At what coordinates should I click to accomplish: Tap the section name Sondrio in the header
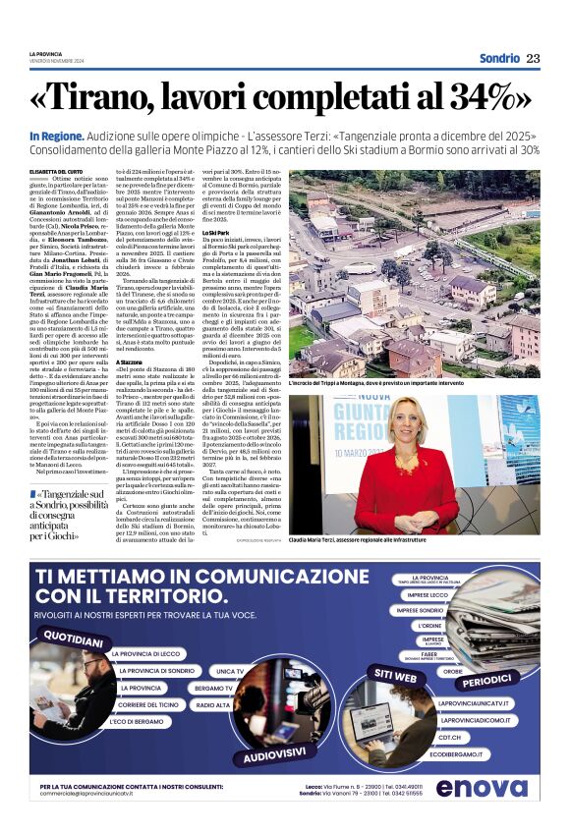coord(499,58)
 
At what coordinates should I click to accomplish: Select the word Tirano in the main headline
coord(111,98)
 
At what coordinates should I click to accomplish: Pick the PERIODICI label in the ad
coord(486,678)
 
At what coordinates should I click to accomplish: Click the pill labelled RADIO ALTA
coord(212,705)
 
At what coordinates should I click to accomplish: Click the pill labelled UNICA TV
coord(229,670)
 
